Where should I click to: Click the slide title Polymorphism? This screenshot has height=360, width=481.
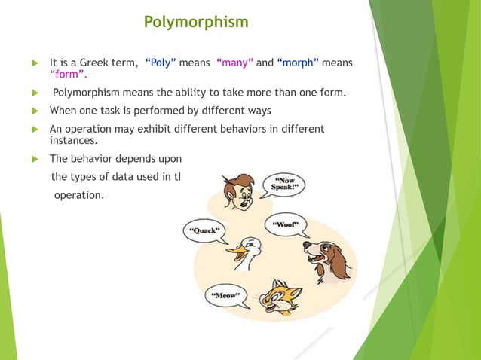click(196, 22)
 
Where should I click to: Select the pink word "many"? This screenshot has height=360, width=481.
click(234, 63)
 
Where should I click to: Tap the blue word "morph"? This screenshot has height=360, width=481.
click(300, 63)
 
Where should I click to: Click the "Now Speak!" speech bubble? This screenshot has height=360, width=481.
click(283, 183)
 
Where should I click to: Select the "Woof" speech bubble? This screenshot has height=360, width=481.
click(286, 225)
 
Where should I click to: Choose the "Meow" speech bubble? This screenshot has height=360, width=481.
click(227, 296)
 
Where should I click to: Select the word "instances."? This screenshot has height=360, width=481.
click(75, 140)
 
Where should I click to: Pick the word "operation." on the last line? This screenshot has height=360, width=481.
click(78, 194)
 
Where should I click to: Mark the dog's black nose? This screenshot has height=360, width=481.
click(306, 245)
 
